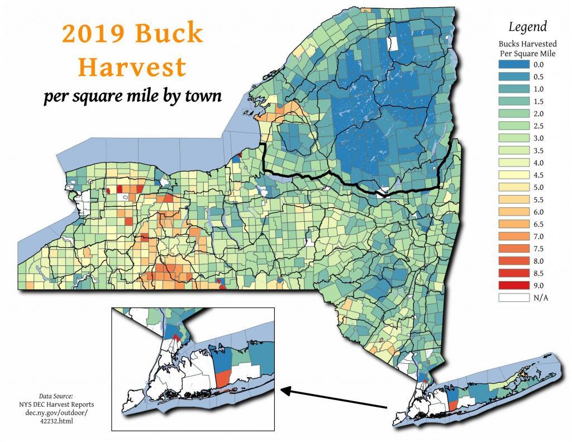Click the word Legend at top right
click(x=527, y=26)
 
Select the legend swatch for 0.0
click(x=513, y=64)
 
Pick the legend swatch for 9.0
click(x=513, y=286)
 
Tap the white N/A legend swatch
click(x=513, y=298)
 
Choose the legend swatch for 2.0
click(x=513, y=113)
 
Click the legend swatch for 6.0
click(x=513, y=212)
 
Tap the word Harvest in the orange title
click(x=132, y=66)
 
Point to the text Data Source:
click(x=56, y=395)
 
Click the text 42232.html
click(x=56, y=421)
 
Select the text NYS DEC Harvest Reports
click(x=56, y=404)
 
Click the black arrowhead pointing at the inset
click(x=284, y=391)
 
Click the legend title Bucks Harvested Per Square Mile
click(x=527, y=48)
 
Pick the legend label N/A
click(x=541, y=298)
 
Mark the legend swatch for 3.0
click(x=513, y=138)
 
